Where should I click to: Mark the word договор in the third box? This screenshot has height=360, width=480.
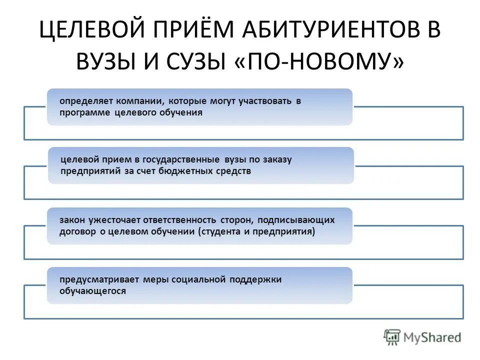coord(75,232)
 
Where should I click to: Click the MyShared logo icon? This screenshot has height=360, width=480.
coord(392,337)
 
